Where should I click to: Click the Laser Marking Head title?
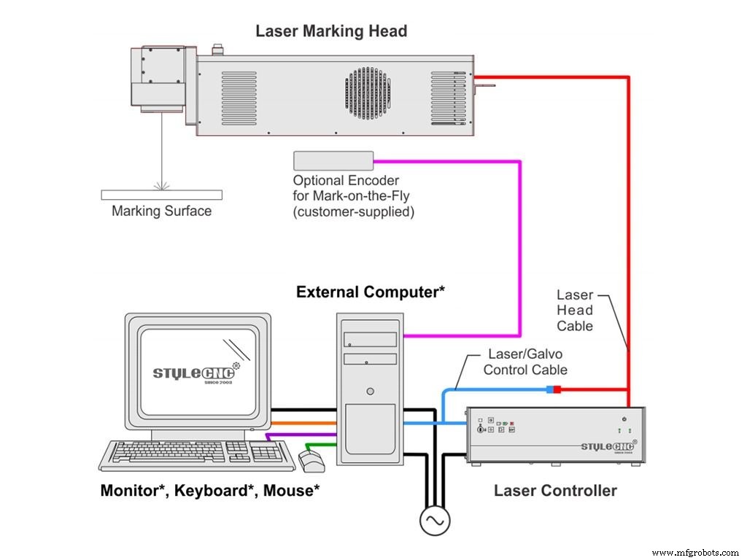coord(330,31)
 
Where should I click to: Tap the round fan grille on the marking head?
coord(369,94)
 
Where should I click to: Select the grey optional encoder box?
coord(333,161)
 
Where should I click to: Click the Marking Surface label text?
coord(161,211)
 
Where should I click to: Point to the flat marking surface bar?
coord(161,195)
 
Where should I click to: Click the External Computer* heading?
coord(371,292)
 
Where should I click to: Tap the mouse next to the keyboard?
coord(311,459)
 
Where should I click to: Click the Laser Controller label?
coord(555,491)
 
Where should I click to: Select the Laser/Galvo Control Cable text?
coord(525,362)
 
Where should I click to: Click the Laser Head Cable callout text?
coord(575,311)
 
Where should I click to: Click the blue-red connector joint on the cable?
coord(553,389)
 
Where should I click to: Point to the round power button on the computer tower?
coord(371,392)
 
